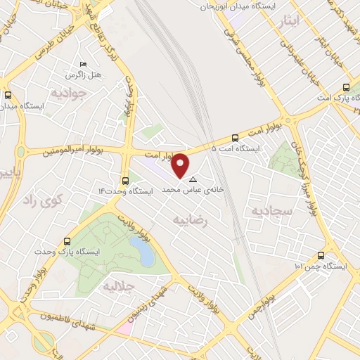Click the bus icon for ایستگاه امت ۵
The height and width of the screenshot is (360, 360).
pyautogui.click(x=234, y=139)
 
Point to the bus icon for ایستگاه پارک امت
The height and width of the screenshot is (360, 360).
pyautogui.click(x=346, y=88)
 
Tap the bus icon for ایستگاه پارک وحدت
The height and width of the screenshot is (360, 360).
pyautogui.click(x=67, y=240)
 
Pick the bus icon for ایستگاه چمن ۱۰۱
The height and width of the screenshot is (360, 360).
pyautogui.click(x=321, y=256)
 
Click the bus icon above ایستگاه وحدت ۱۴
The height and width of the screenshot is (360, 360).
pyautogui.click(x=125, y=180)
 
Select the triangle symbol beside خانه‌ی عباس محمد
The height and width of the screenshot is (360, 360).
pyautogui.click(x=193, y=180)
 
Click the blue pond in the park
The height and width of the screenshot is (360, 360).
pyautogui.click(x=142, y=251)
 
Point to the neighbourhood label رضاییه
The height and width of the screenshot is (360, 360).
pyautogui.click(x=193, y=219)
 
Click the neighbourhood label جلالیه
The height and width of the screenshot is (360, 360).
pyautogui.click(x=119, y=286)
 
